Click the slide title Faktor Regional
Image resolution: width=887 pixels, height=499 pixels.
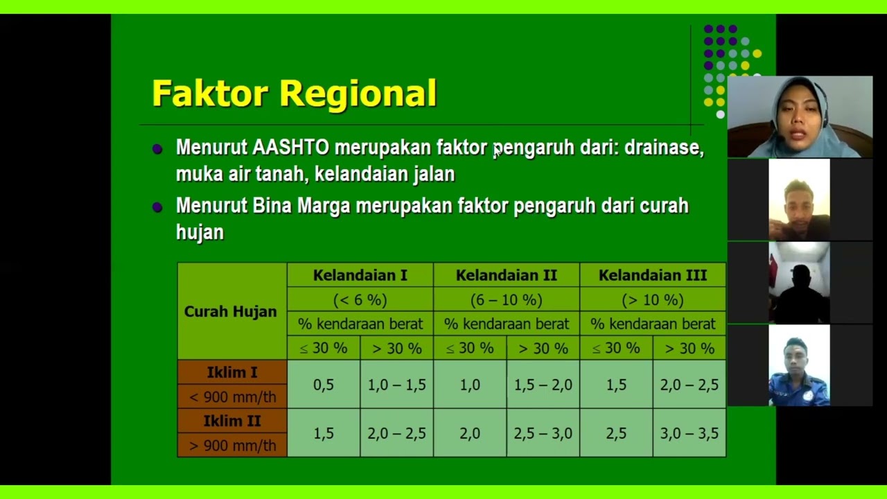point(294,94)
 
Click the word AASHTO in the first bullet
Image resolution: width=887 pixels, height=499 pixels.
point(290,148)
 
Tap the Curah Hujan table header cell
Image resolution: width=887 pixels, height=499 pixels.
point(231,311)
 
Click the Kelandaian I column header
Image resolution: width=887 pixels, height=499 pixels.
point(360,275)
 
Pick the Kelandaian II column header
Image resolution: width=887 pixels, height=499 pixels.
point(506,275)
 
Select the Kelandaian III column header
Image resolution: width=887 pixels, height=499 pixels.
point(652,275)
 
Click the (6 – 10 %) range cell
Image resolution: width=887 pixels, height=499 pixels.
point(506,300)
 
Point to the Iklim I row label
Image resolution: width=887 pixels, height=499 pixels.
point(232,373)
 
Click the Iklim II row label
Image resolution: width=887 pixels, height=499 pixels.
point(232,421)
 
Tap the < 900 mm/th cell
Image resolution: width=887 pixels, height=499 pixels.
point(232,397)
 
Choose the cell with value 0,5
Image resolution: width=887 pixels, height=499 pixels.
point(324,385)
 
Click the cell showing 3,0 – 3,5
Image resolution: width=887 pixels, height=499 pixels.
point(689,433)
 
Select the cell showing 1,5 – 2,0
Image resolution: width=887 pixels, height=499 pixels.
point(543,385)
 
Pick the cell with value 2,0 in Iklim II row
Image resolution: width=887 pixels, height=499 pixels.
point(470,433)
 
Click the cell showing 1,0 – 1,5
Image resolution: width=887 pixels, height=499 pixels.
point(396,385)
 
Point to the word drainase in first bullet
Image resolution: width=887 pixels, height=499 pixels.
point(663,148)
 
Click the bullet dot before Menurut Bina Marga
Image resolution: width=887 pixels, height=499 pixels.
point(157,207)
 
